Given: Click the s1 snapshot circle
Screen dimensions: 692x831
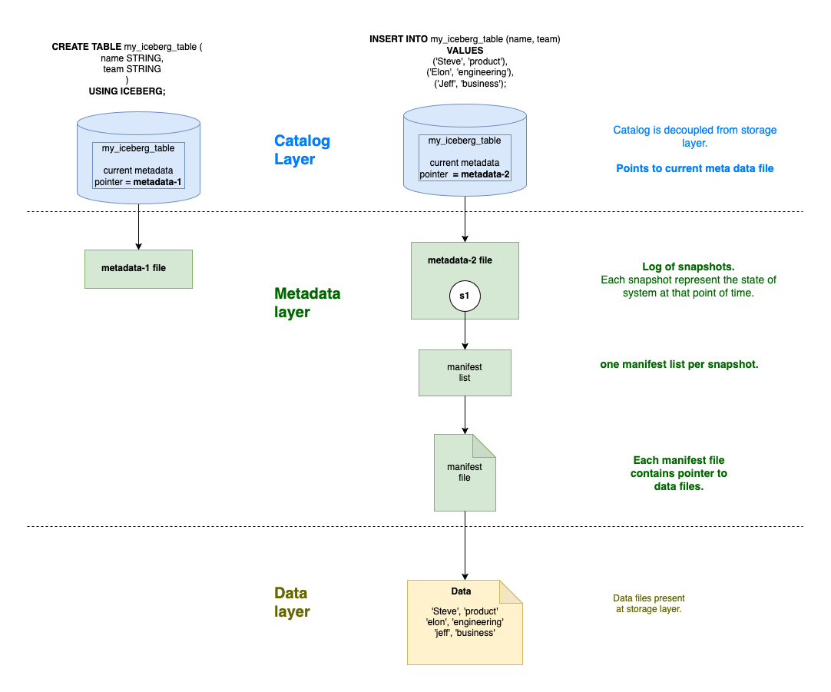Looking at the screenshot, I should (x=465, y=296).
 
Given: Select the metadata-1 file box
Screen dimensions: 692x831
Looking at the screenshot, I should (x=138, y=269).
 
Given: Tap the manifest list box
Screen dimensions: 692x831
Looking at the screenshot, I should (x=465, y=372).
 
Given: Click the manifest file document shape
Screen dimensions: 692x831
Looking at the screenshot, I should (x=465, y=472).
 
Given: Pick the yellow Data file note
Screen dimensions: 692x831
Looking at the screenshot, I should (x=465, y=622).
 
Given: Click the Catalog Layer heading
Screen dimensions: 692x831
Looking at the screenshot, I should (x=302, y=150).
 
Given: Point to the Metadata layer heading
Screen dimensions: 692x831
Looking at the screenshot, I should (x=307, y=303).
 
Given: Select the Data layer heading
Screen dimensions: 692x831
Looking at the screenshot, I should (x=292, y=602).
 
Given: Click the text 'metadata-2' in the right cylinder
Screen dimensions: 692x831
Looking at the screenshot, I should (x=482, y=174).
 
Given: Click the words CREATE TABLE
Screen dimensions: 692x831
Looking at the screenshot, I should (x=86, y=47).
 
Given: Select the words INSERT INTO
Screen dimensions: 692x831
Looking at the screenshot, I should (x=399, y=39).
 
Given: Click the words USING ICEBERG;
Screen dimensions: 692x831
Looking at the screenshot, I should (x=127, y=91).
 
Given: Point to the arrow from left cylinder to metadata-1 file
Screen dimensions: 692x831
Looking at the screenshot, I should (x=138, y=226).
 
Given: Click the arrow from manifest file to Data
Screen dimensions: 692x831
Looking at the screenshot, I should (x=465, y=545).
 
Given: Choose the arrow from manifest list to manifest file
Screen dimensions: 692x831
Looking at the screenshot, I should (x=465, y=415).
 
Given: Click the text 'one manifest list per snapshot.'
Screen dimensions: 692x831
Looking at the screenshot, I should (x=679, y=364).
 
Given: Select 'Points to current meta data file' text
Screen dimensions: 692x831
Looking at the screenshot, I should (x=694, y=168).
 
